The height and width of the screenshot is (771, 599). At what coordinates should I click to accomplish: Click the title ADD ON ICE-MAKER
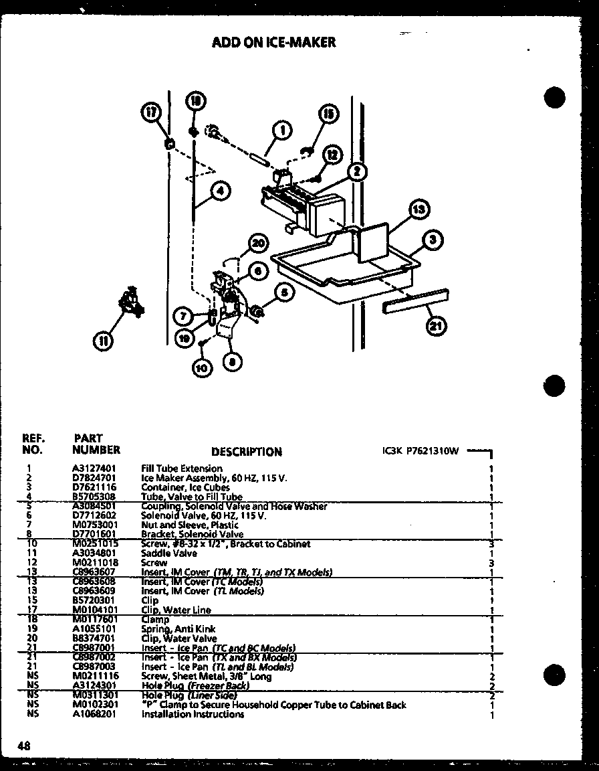[273, 42]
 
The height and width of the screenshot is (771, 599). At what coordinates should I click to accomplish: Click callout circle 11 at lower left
[103, 341]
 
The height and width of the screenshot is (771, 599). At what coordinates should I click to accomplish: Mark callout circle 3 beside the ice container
[433, 240]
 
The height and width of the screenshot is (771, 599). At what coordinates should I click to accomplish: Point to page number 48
[24, 746]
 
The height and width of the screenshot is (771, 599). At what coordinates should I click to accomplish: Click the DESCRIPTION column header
[246, 452]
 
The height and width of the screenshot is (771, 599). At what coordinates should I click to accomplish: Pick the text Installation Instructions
[193, 714]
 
